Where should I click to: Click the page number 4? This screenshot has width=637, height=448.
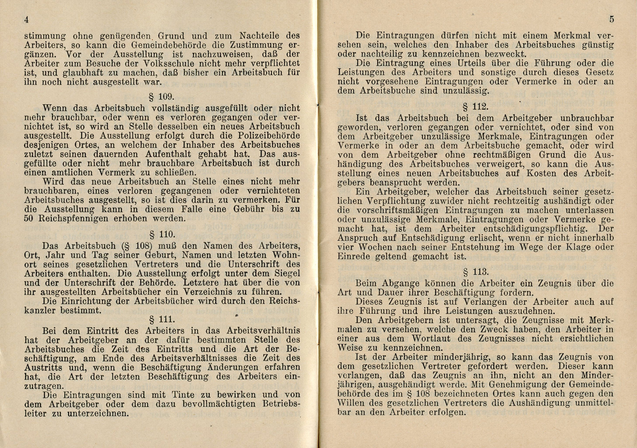coord(26,19)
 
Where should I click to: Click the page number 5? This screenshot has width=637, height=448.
coord(610,19)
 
